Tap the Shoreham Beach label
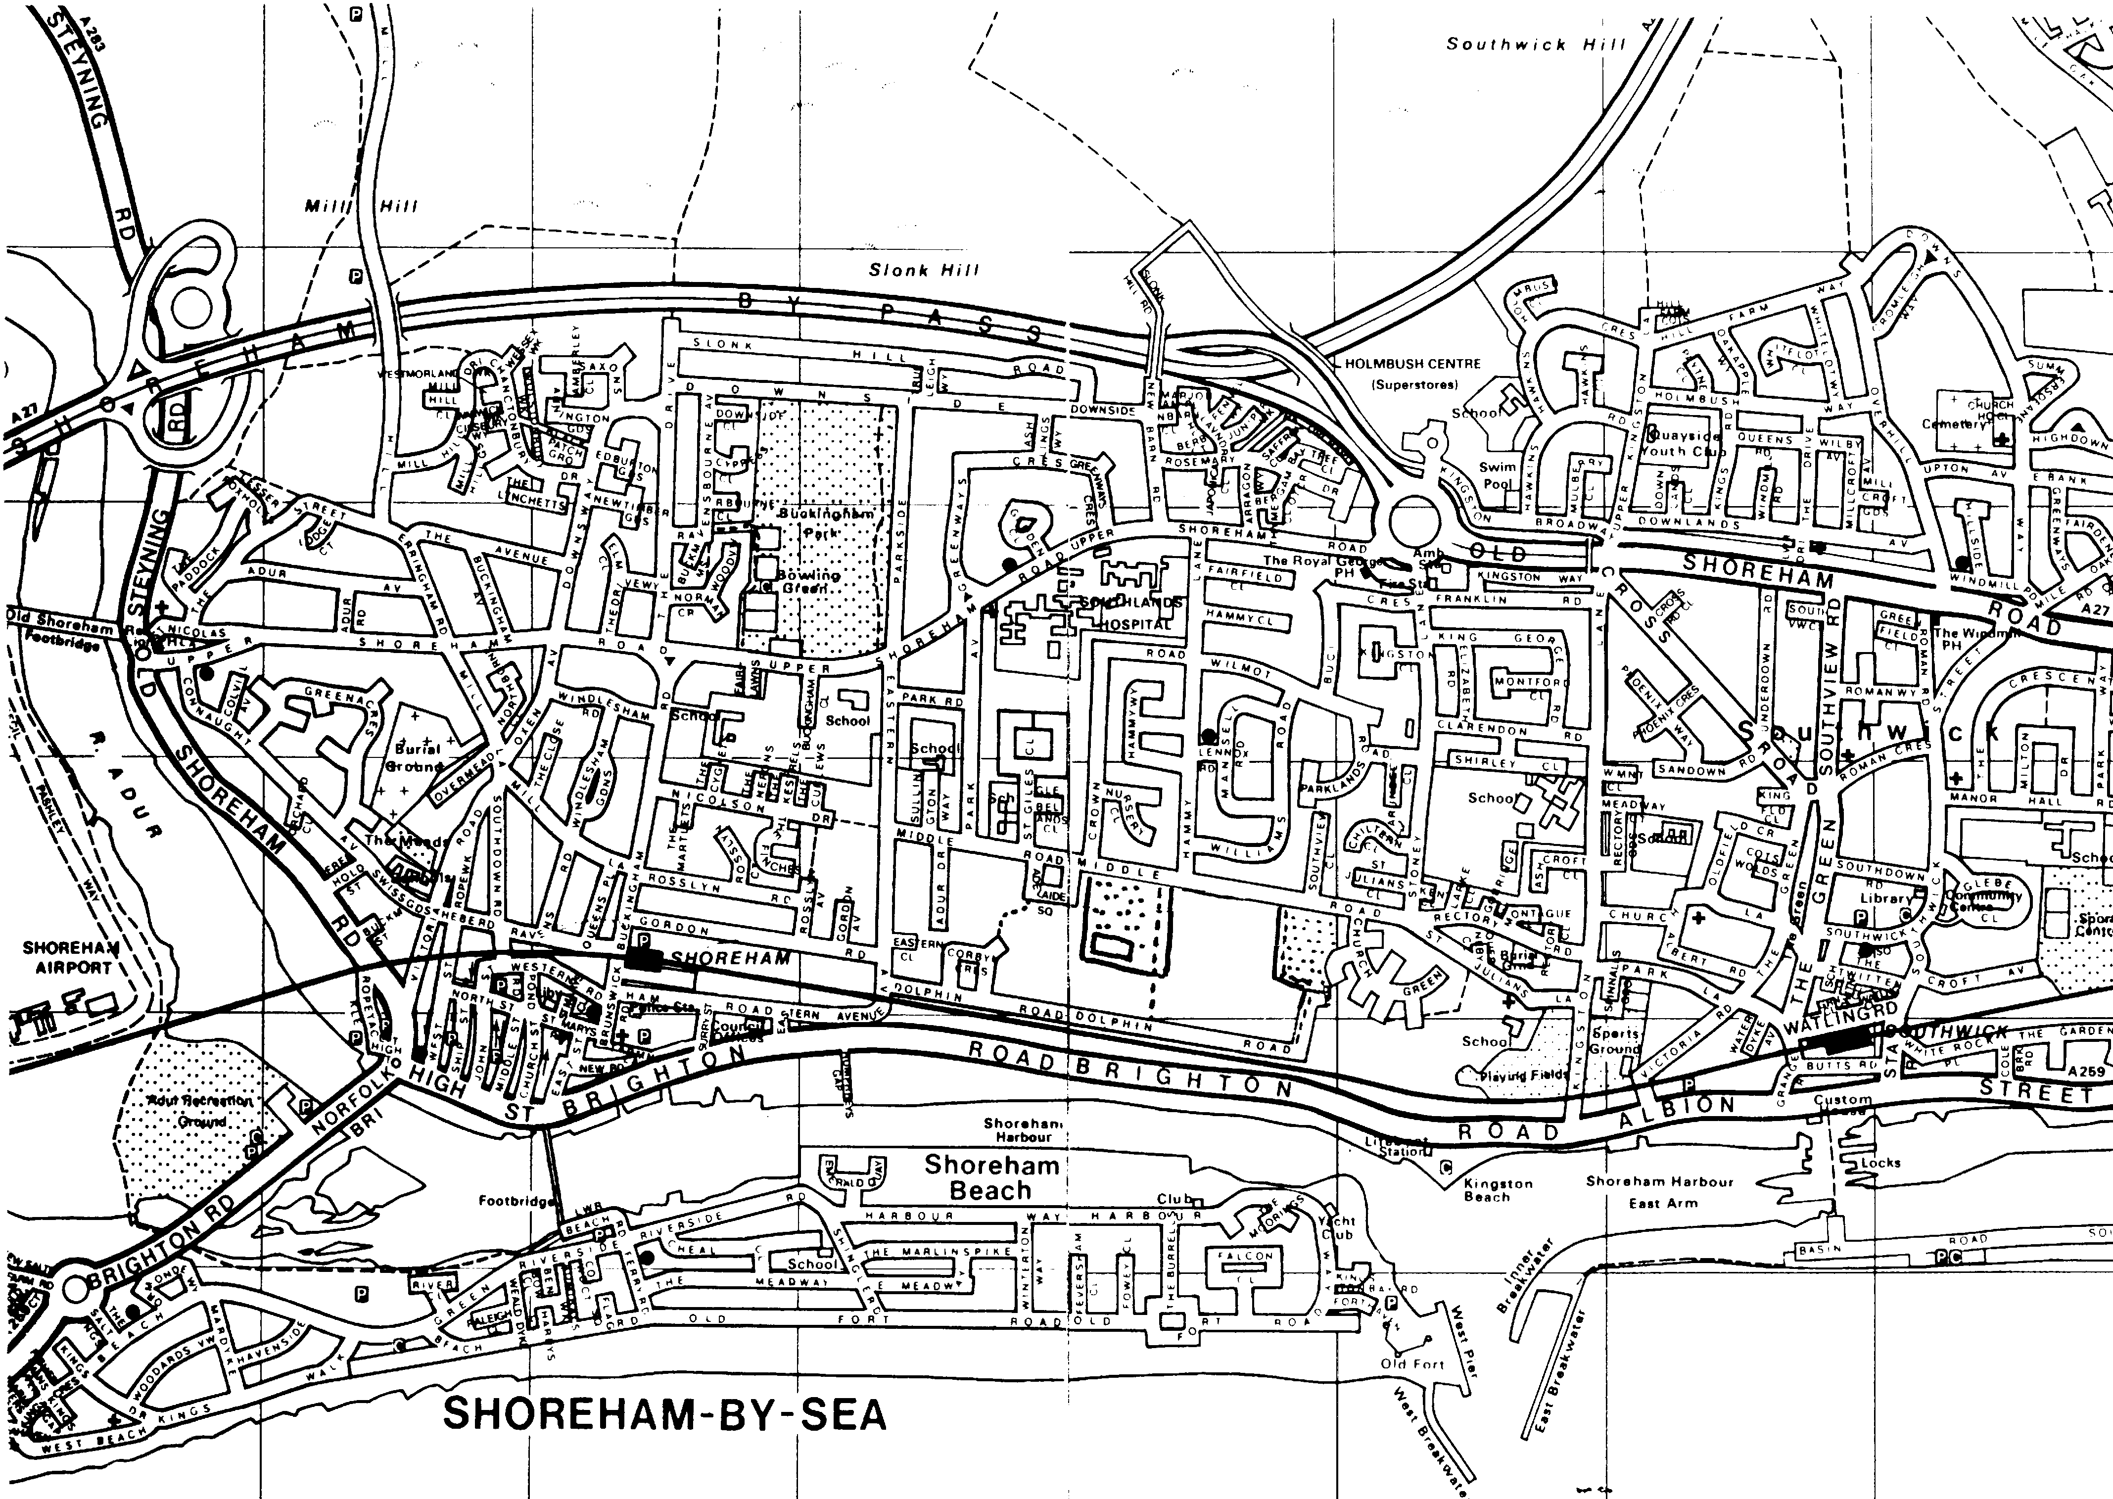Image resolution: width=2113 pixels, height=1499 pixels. pyautogui.click(x=990, y=1177)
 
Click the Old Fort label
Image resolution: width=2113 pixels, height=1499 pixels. pyautogui.click(x=1411, y=1363)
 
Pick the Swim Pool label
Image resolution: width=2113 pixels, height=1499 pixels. pyautogui.click(x=1497, y=475)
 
